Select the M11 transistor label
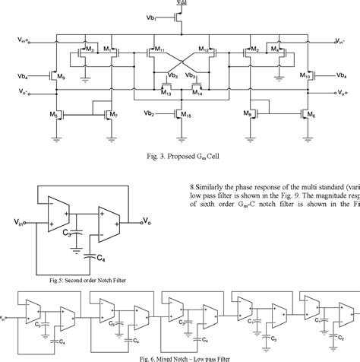pyautogui.click(x=158, y=49)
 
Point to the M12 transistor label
pyautogui.click(x=204, y=49)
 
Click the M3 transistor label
pyautogui.click(x=90, y=49)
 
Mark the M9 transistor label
pyautogui.click(x=62, y=78)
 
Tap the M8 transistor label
pyautogui.click(x=248, y=115)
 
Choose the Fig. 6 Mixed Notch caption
pyautogui.click(x=180, y=357)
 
